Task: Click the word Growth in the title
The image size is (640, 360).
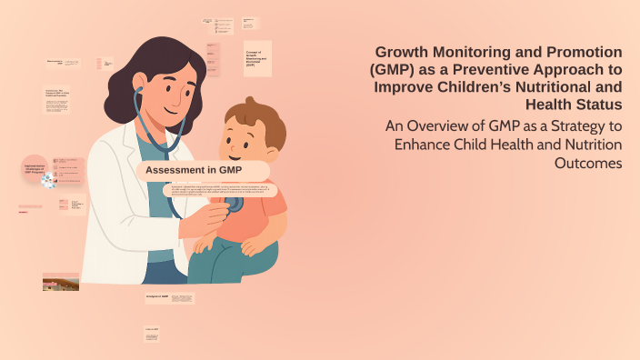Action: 405,53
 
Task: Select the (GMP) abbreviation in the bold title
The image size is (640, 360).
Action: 395,70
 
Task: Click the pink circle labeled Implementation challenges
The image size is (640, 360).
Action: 35,167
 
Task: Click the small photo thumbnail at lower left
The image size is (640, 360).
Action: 60,282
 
